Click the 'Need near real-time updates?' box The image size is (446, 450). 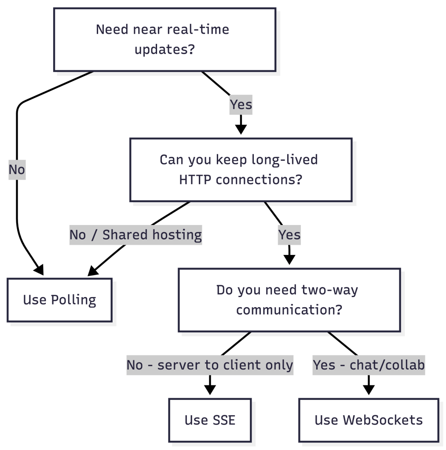165,40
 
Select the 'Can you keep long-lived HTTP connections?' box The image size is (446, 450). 241,170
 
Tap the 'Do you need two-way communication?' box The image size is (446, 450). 289,300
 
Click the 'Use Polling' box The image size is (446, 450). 59,300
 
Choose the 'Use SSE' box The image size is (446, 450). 210,420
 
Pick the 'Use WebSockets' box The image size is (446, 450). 369,420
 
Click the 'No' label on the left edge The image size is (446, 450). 17,170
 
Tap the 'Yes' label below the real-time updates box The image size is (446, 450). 241,105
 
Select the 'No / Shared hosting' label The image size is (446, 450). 135,235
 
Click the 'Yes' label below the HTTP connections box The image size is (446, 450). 289,235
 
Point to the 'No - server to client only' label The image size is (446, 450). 210,365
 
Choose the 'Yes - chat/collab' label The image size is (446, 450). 369,365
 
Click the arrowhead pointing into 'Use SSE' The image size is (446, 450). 210,390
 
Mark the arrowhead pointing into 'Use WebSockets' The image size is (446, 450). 369,390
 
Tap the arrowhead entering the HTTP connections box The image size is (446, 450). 241,129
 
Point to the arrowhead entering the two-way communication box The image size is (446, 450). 289,260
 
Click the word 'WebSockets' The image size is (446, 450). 383,420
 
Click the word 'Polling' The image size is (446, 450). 73,300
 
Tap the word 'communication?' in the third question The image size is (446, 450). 289,310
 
